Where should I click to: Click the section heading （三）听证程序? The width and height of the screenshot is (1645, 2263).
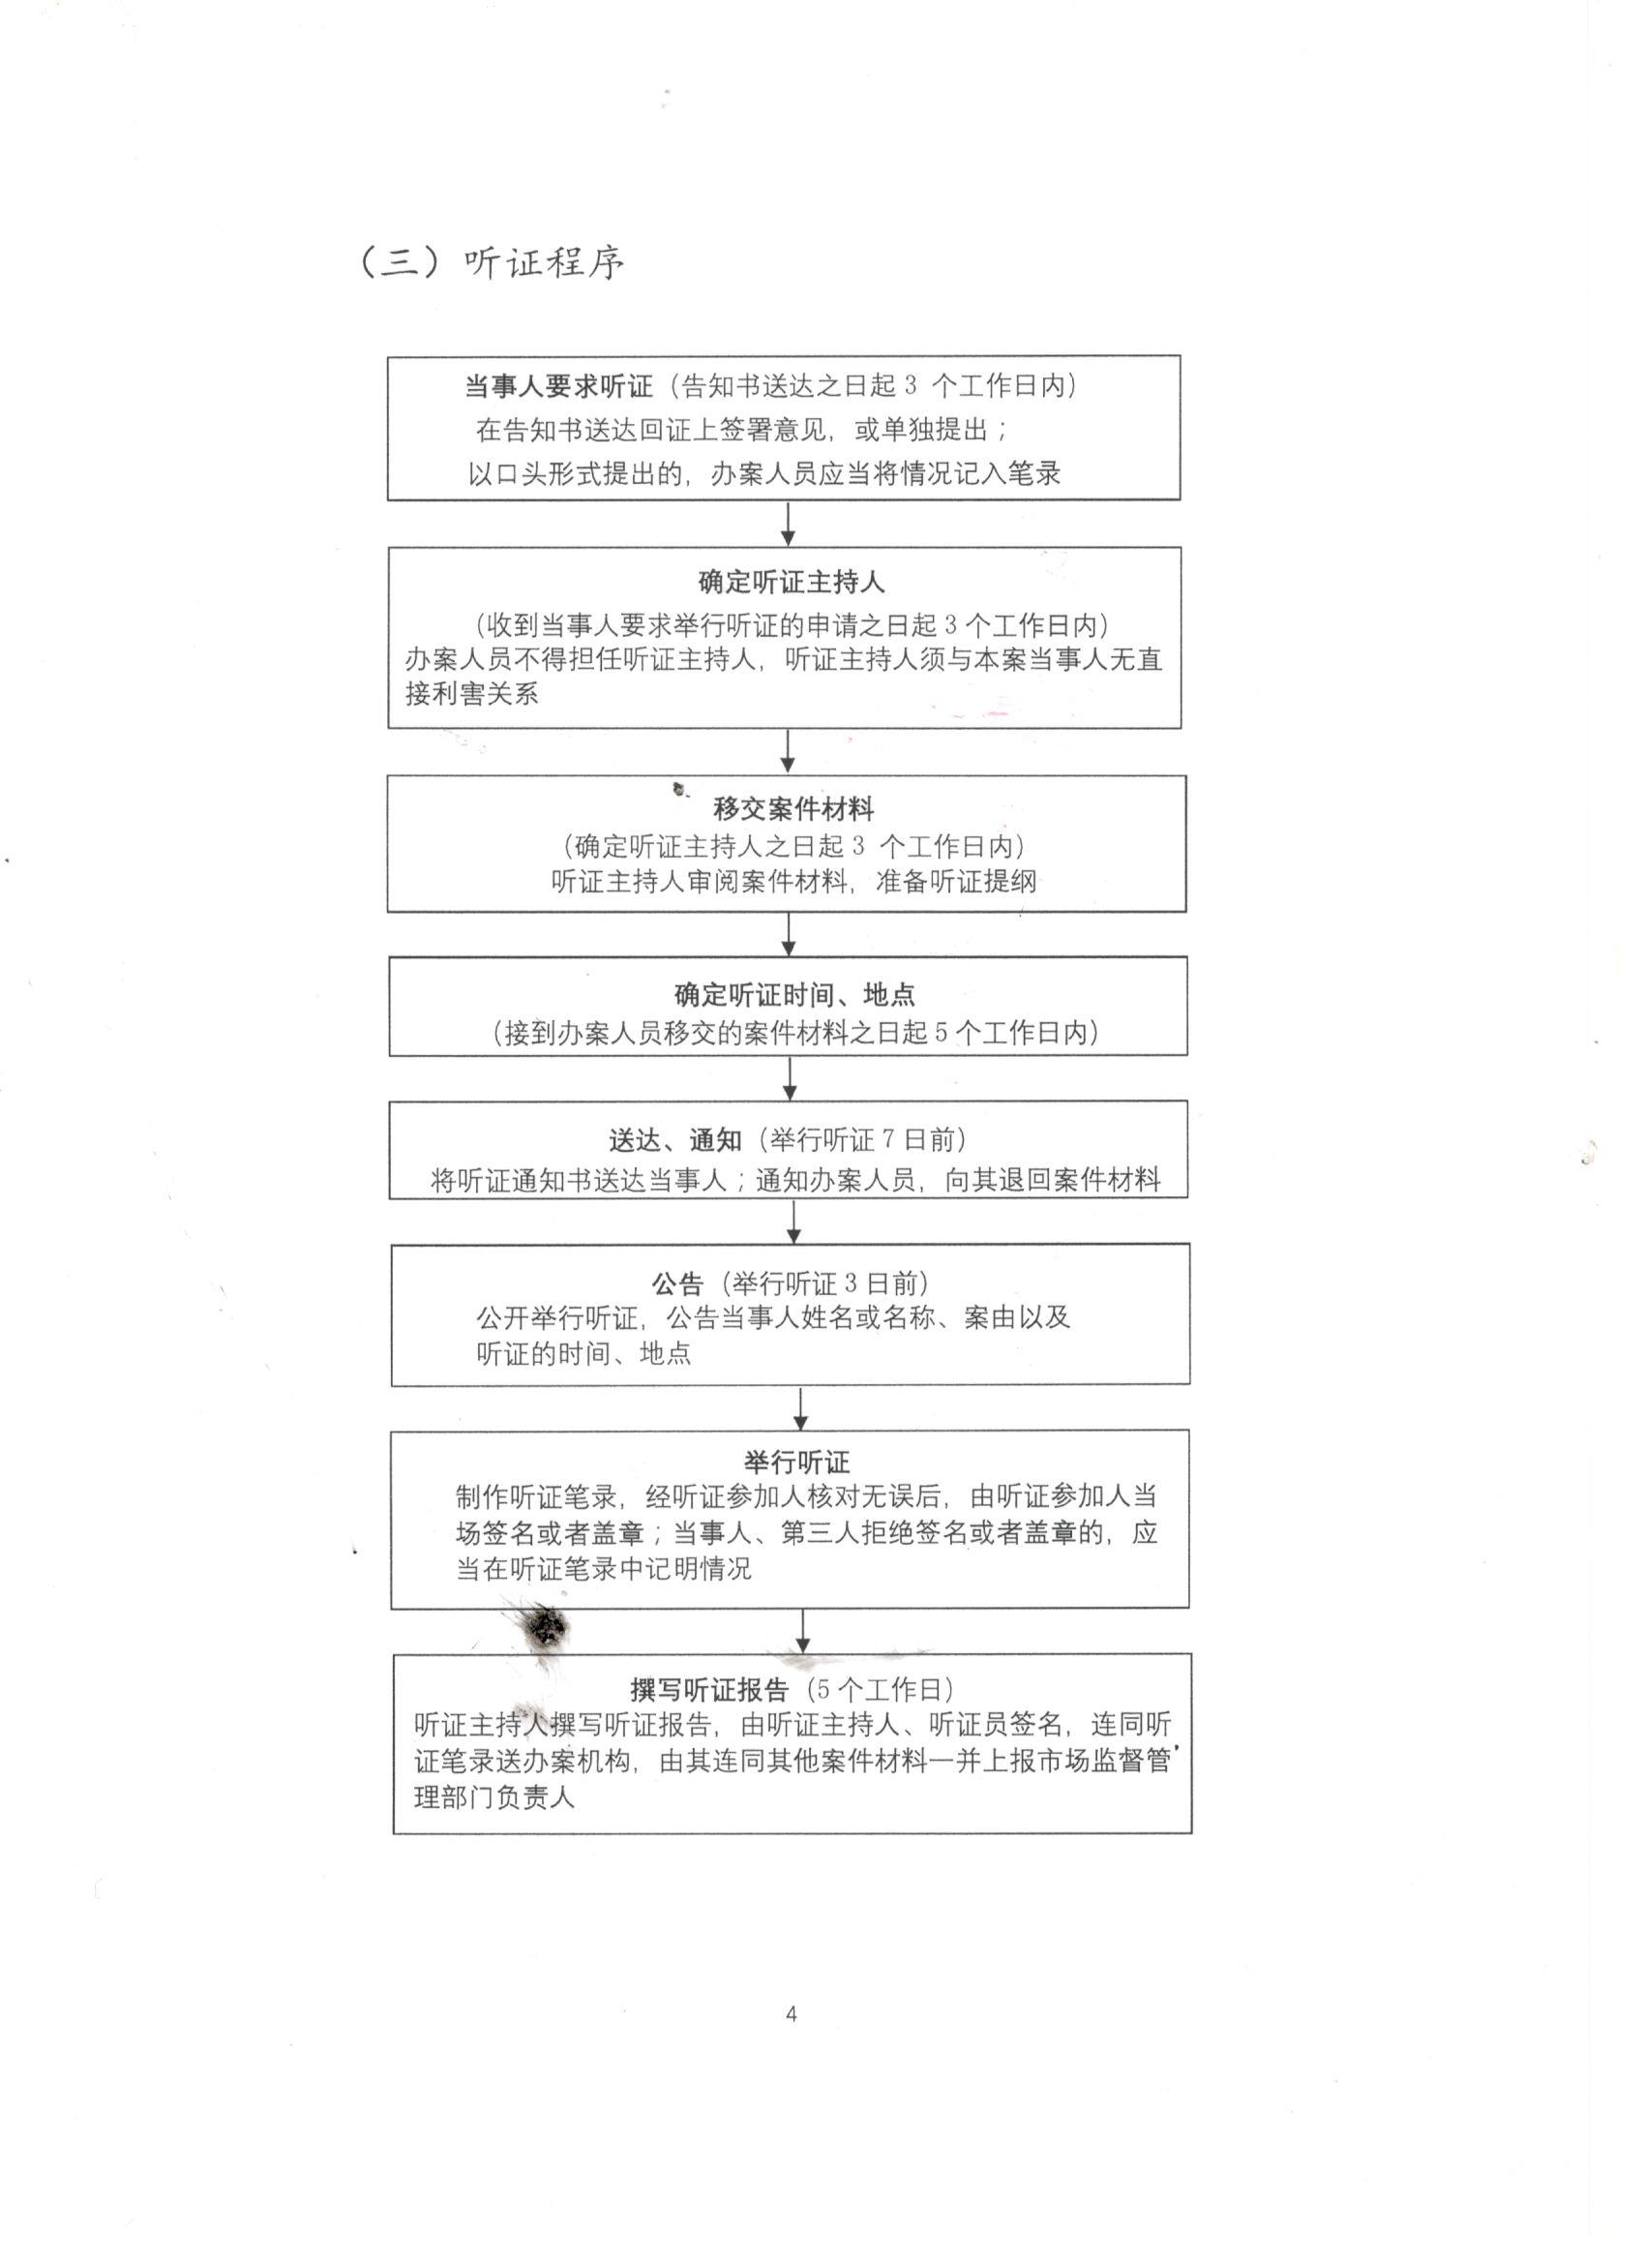pos(491,262)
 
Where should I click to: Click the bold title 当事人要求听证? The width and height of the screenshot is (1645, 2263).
pos(557,386)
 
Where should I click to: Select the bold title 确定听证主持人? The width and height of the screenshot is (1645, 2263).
pos(790,582)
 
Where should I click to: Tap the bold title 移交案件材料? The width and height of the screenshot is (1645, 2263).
pos(793,808)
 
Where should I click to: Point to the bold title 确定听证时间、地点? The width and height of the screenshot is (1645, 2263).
pos(794,994)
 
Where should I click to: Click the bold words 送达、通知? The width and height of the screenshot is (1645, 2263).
pos(675,1139)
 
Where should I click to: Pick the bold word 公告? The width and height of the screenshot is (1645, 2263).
pos(677,1284)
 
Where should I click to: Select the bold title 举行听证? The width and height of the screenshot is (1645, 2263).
pos(796,1463)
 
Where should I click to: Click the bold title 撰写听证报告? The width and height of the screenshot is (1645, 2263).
pos(709,1689)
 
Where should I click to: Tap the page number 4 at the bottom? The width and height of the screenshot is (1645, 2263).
pos(792,2013)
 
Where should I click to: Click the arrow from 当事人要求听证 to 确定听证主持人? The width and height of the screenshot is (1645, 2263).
pos(788,524)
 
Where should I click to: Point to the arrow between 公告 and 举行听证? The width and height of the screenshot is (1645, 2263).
pos(800,1408)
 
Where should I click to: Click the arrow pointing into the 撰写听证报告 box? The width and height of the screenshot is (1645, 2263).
pos(803,1631)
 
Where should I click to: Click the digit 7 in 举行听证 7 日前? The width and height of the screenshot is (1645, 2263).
pos(888,1139)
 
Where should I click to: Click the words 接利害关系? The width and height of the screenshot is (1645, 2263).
pos(472,693)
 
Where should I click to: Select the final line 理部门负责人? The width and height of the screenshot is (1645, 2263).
pos(493,1797)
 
